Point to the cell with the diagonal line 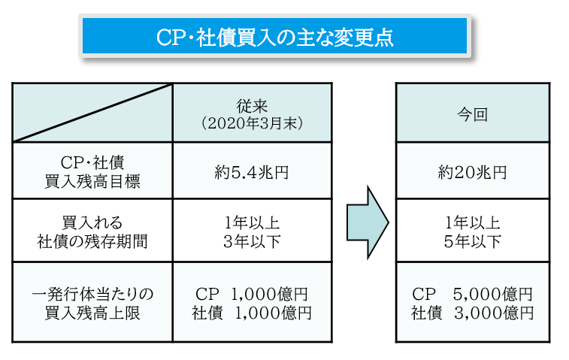[x=92, y=113]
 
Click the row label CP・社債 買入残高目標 [x=92, y=171]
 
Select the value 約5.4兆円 [x=253, y=172]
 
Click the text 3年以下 [x=253, y=241]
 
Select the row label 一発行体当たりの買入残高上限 [x=92, y=301]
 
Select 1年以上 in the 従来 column [x=253, y=223]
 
